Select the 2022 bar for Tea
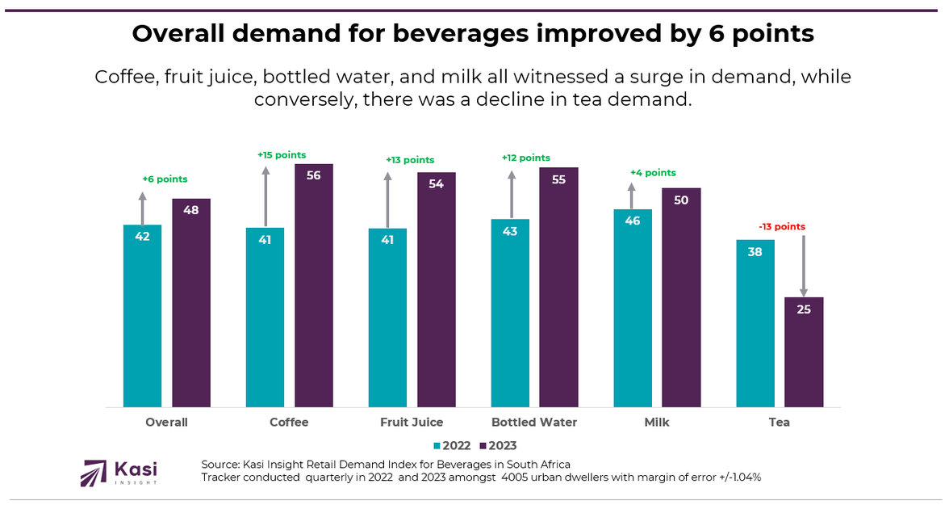coord(755,323)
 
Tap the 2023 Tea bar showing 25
coord(804,352)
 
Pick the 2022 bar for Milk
coord(633,308)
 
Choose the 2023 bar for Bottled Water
coord(558,287)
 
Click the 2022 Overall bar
coord(142,315)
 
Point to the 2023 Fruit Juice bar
coord(436,289)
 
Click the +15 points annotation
coord(282,155)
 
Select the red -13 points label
coord(782,227)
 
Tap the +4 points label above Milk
coord(653,173)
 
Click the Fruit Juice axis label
coord(412,423)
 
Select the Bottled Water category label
coord(534,423)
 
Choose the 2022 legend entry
coord(451,446)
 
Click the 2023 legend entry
coord(497,446)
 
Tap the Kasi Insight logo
coord(119,472)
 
